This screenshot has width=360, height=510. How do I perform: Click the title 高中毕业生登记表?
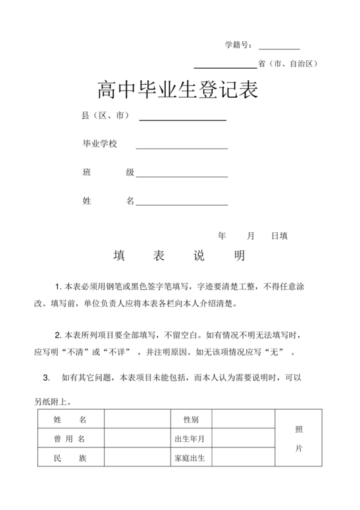point(177,90)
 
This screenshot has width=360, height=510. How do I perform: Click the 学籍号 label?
point(238,45)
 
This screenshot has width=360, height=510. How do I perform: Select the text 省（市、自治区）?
point(287,64)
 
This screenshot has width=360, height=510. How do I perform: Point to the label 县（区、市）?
point(106,116)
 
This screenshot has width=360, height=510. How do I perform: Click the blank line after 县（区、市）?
point(183,119)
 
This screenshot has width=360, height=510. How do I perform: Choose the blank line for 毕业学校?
point(182,147)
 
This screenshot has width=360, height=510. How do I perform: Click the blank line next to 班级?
point(182,176)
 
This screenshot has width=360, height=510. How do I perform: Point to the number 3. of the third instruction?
point(46,377)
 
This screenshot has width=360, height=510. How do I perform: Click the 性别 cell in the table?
point(191,420)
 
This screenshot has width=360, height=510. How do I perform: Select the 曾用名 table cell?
point(70,439)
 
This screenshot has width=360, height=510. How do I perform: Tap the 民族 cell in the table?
point(70,459)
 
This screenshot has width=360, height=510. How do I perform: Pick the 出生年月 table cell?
point(191,439)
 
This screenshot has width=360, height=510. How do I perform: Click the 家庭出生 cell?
point(191,459)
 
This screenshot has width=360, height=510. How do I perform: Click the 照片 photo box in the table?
point(298,439)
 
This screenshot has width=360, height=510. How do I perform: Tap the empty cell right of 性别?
point(244,420)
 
